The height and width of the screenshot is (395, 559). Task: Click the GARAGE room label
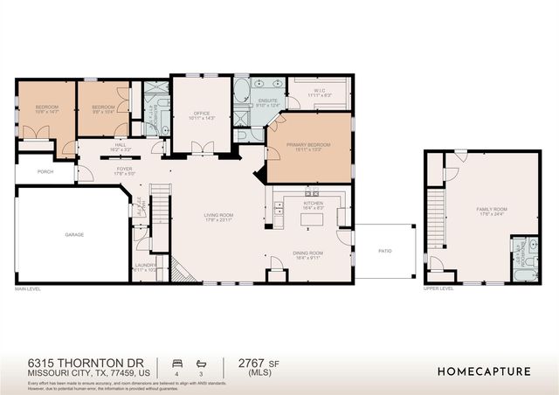pyautogui.click(x=73, y=234)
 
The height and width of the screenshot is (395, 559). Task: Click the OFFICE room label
pyautogui.click(x=201, y=113)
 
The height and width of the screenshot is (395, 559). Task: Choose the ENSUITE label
pyautogui.click(x=267, y=101)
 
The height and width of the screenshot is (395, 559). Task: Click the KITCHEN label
pyautogui.click(x=313, y=204)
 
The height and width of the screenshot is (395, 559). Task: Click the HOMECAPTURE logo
pyautogui.click(x=483, y=371)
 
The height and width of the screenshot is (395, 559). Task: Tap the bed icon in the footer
pyautogui.click(x=178, y=361)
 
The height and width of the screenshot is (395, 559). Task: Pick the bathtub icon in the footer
pyautogui.click(x=201, y=361)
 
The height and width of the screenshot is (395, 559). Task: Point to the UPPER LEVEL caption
pyautogui.click(x=438, y=288)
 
